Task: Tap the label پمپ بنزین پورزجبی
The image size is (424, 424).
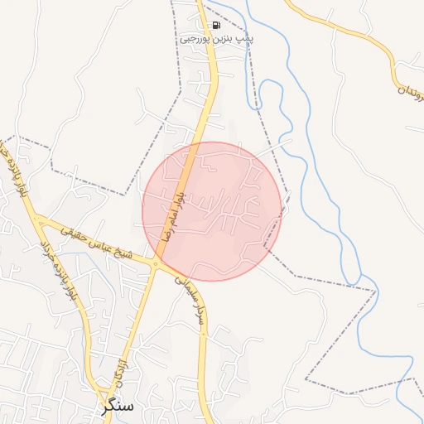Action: tap(217, 39)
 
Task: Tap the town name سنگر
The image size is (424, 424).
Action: tap(118, 406)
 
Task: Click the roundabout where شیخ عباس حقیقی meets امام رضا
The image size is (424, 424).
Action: tap(156, 264)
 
